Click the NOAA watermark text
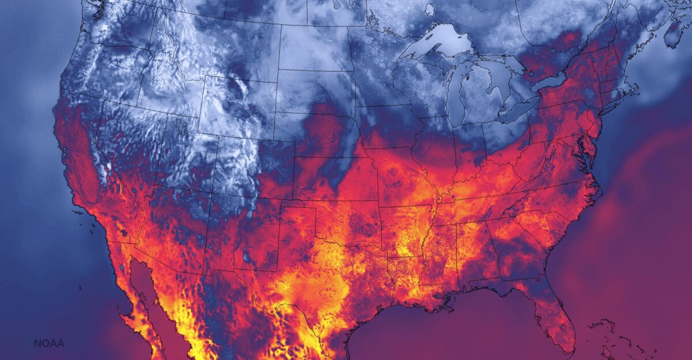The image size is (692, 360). click(49, 344)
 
